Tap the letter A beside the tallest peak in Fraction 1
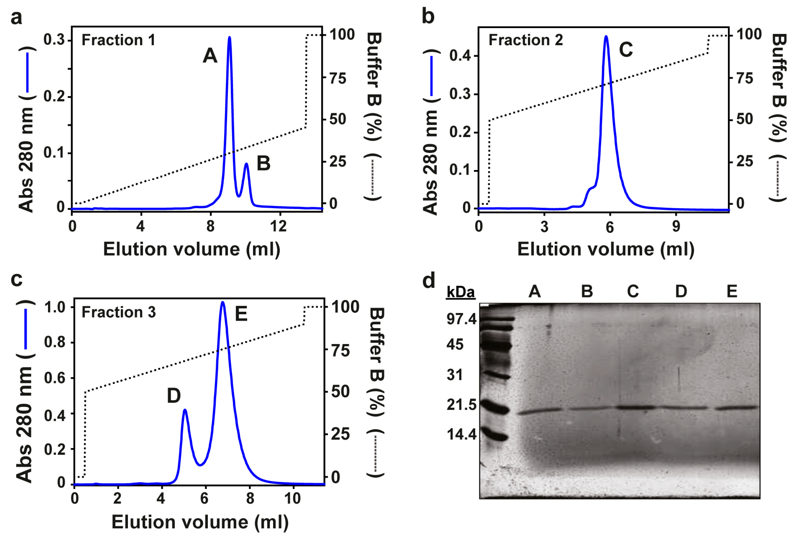click(210, 55)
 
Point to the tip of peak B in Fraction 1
click(247, 164)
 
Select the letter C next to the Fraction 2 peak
click(626, 49)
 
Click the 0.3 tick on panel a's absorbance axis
click(54, 40)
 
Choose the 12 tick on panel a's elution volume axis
click(278, 226)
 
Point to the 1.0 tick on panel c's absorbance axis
click(55, 307)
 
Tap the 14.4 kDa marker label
click(461, 434)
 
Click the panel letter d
click(429, 280)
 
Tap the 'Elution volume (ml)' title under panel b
click(605, 249)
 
